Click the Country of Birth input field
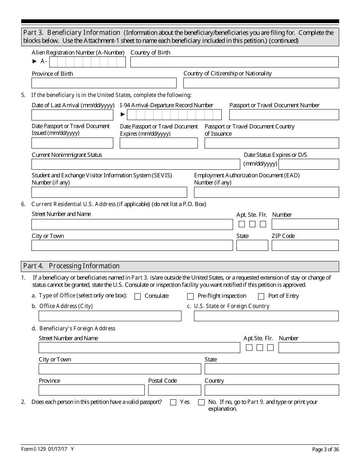coord(234,62)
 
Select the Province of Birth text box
coord(104,83)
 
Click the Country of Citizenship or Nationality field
coord(261,83)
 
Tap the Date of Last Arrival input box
coord(72,115)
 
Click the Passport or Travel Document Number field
coord(284,115)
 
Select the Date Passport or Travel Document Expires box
coord(159,143)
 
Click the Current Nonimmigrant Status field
coord(136,164)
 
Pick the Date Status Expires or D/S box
coord(308,164)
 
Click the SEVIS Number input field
coord(109,192)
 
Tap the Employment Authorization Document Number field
coord(266,192)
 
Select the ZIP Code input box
coord(305,246)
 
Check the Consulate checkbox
coord(138,296)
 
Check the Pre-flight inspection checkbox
coord(191,296)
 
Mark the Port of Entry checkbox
coord(261,296)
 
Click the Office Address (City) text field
coord(110,316)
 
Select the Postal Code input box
coord(174,390)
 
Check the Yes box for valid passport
coord(173,402)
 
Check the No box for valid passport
coord(201,402)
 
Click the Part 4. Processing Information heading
coord(72,266)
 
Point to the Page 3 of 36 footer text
coord(325,449)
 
